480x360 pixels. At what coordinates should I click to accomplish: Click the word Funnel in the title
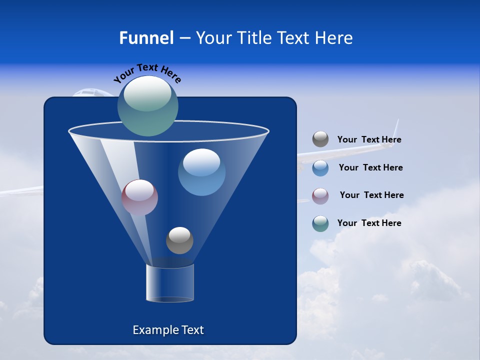pos(146,38)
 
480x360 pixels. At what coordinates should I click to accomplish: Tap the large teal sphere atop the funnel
pos(148,105)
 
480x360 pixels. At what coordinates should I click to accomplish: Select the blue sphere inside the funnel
pos(201,172)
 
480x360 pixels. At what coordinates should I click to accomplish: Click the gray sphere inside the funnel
pos(179,240)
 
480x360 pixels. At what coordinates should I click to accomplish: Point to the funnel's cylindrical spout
pos(170,283)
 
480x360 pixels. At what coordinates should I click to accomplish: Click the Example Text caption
pos(168,330)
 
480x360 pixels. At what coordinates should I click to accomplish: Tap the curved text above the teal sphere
pos(147,72)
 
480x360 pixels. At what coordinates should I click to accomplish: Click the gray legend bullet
pos(320,139)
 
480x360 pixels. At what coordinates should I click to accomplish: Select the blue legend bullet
pos(320,168)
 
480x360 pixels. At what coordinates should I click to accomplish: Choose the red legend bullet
pos(320,195)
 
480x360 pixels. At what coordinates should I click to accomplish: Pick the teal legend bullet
pos(320,223)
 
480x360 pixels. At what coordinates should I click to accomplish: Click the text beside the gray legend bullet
pos(369,140)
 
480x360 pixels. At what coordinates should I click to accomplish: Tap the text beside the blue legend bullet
pos(370,167)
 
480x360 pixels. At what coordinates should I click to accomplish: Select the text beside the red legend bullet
pos(371,195)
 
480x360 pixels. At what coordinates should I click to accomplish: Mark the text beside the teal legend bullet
pos(369,223)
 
